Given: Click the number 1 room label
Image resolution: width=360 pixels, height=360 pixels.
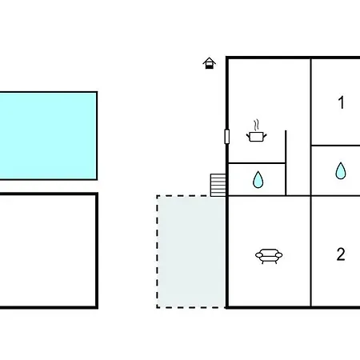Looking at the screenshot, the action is tap(341, 102).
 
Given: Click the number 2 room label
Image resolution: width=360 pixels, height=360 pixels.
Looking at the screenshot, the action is tap(341, 254).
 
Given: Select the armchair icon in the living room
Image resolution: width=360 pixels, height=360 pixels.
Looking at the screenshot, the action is tap(269, 256).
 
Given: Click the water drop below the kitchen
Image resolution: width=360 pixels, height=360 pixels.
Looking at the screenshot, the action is tap(258, 180).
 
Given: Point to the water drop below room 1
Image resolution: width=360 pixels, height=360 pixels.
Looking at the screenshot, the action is tap(341, 170).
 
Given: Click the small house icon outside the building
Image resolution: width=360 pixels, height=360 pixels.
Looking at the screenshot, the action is tap(209, 63).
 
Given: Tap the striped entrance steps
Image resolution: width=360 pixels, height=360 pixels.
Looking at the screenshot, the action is tap(218, 185).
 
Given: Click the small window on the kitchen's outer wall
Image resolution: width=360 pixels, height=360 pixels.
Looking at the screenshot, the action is tap(227, 136).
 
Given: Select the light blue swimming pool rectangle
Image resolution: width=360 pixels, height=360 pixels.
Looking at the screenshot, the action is tap(48, 136).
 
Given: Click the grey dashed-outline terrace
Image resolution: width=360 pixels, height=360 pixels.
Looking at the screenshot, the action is tap(191, 252).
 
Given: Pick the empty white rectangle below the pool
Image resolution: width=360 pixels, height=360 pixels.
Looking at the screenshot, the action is tap(48, 250).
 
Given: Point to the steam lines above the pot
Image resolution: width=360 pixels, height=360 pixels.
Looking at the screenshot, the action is tap(256, 125).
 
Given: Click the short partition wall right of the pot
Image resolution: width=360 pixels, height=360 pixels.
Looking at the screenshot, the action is tap(286, 163).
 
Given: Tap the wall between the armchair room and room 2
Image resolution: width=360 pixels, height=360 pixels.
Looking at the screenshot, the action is tap(310, 251).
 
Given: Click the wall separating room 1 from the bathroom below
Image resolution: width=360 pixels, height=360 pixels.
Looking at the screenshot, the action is tap(335, 146).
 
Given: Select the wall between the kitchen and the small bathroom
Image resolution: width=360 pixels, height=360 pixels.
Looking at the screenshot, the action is tap(257, 163).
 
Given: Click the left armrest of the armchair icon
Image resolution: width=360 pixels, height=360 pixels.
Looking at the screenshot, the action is tap(259, 255).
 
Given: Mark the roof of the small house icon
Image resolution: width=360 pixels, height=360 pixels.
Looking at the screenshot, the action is tap(209, 60).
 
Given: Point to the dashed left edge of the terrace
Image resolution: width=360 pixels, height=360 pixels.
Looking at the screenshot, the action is tap(158, 252).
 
